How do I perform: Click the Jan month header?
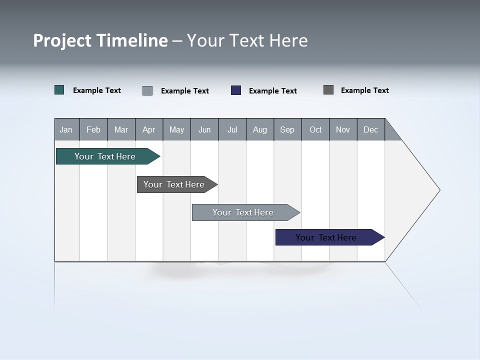coord(66,129)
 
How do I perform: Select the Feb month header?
coord(93,129)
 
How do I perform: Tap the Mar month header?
coord(121,129)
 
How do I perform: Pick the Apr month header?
coord(149,129)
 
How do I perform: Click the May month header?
coord(176,129)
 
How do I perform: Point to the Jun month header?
coord(204,129)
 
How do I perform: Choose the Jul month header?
coord(232,129)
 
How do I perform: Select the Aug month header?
coord(260,129)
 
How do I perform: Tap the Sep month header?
coord(287,129)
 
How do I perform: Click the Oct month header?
coord(315,129)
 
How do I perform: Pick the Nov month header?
coord(343,129)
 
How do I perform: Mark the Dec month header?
coord(371,129)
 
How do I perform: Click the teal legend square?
coord(59,90)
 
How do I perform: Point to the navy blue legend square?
coord(236,90)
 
